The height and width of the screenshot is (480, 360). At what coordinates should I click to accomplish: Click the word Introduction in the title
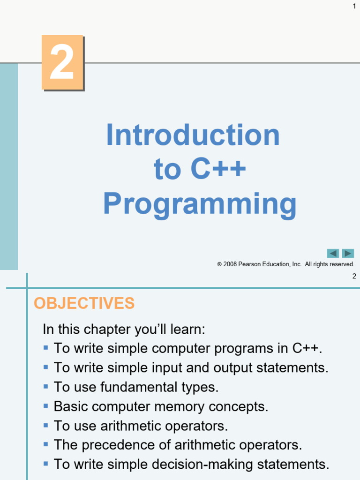point(193,135)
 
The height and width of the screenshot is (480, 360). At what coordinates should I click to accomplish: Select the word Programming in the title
point(200,204)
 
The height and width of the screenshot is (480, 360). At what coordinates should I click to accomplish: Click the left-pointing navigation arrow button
point(333,254)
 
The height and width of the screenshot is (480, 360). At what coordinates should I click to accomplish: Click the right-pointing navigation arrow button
point(348,254)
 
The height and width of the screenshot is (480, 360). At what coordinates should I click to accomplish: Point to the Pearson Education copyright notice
point(285,264)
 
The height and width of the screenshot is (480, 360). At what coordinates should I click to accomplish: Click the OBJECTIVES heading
point(84,303)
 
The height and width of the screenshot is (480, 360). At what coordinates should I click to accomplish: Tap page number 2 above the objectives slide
point(354,276)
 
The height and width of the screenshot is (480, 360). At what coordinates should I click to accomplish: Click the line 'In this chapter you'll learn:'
point(124,329)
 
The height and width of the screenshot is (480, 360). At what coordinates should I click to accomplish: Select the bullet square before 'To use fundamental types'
point(45,387)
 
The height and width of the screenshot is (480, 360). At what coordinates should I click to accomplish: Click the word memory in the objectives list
point(180,406)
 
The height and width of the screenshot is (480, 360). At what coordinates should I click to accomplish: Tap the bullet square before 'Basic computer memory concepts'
point(45,406)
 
